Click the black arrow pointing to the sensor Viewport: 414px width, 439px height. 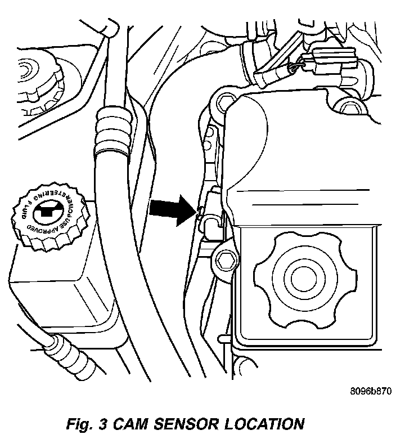point(172,208)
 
